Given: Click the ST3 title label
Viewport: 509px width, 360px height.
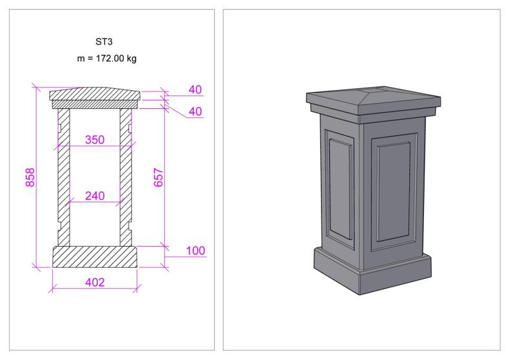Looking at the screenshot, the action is tap(104, 42).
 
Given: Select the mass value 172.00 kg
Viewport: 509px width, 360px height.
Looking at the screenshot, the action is tap(116, 59).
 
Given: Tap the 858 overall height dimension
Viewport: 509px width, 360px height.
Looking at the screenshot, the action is tap(30, 177).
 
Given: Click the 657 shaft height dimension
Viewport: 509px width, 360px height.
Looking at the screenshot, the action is tap(158, 177).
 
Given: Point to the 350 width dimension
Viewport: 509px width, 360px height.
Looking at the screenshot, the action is tap(95, 140).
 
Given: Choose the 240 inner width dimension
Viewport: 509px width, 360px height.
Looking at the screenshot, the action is tap(95, 196).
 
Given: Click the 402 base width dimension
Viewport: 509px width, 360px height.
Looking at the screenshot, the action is tap(95, 283).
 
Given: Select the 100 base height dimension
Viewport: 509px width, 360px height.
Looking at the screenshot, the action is tap(195, 251).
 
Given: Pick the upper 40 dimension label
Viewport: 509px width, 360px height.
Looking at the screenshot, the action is tap(195, 90).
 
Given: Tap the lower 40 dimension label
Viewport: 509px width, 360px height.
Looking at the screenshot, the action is tap(195, 111).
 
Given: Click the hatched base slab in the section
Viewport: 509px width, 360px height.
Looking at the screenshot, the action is tap(95, 257).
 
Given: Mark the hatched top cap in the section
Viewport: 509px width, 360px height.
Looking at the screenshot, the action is tap(95, 94).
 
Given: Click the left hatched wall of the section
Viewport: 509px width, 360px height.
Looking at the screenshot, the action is tap(64, 177).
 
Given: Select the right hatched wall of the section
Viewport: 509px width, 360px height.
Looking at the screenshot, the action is tap(126, 177).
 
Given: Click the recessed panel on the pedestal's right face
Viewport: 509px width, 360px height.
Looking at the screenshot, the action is tap(394, 192).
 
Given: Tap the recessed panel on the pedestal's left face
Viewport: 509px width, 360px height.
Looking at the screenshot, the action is tap(341, 189).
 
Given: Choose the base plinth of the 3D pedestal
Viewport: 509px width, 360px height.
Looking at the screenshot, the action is tap(372, 272).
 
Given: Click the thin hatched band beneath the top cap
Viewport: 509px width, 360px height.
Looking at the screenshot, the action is tap(95, 104).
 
